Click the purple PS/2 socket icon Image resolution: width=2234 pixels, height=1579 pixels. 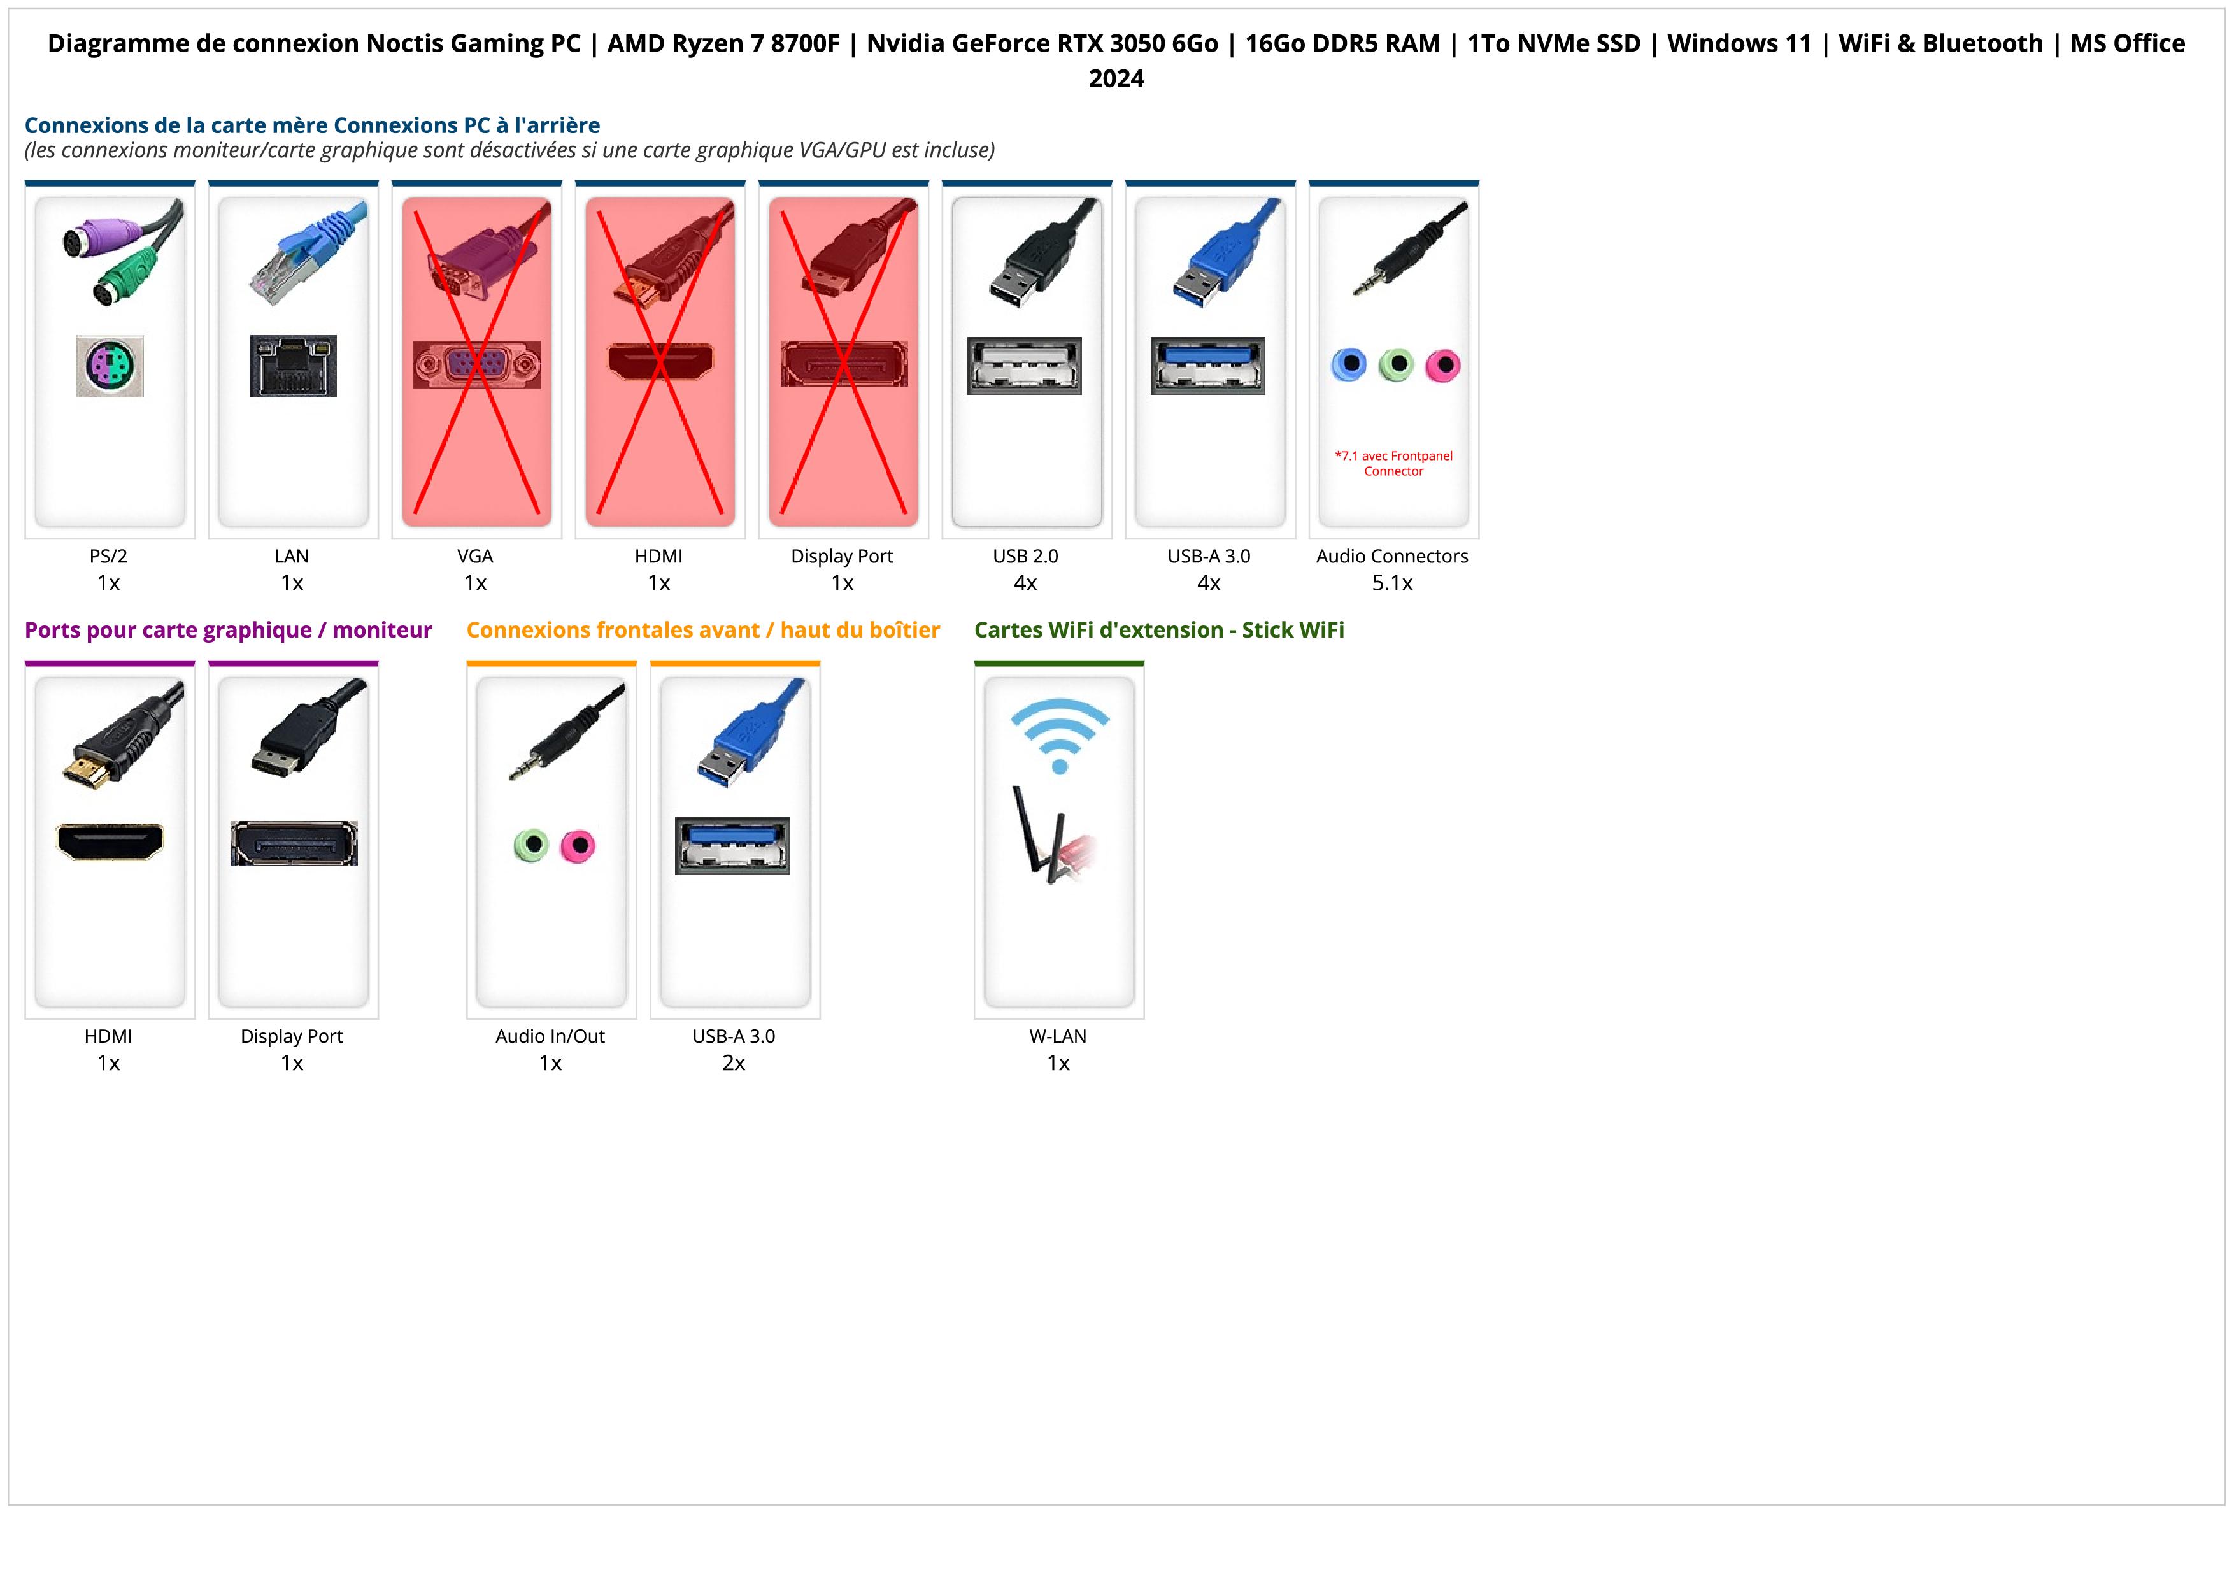[110, 366]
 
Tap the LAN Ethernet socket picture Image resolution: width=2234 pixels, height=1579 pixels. [293, 366]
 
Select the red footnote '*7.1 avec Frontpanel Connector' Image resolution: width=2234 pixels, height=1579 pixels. [1393, 463]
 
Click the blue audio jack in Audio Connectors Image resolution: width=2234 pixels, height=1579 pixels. [1349, 365]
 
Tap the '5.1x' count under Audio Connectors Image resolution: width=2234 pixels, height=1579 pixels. [1392, 583]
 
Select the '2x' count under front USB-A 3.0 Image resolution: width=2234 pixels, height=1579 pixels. [734, 1063]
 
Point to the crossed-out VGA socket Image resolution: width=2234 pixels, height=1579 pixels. [477, 365]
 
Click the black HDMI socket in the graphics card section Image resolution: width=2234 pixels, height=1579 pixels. [110, 841]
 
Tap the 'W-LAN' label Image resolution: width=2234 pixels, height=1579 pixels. [1058, 1036]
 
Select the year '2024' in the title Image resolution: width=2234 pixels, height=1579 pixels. [1116, 79]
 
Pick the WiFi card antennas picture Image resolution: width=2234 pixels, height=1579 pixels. [1051, 837]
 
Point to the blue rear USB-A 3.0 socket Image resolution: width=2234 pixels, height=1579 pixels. [1207, 366]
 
